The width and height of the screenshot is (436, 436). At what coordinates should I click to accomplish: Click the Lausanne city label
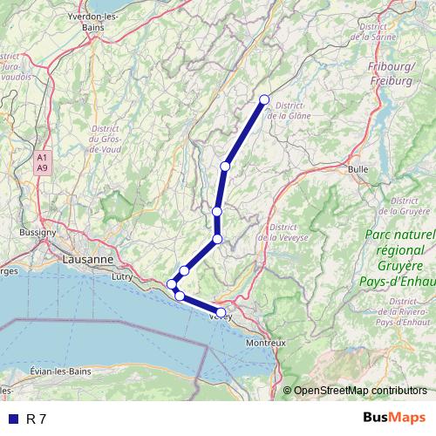[x=87, y=259]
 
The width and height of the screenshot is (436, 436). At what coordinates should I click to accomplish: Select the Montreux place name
[x=266, y=343]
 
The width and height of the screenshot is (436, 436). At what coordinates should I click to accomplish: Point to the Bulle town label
[x=358, y=168]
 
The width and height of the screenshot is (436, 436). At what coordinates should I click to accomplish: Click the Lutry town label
[x=122, y=276]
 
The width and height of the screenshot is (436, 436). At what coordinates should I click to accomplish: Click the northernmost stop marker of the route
[x=264, y=99]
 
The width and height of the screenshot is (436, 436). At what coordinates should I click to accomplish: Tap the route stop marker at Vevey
[x=221, y=312]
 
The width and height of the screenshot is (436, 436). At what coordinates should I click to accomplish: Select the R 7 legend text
[x=37, y=419]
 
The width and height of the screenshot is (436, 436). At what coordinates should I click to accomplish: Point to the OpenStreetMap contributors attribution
[x=360, y=390]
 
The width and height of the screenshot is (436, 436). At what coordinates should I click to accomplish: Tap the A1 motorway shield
[x=42, y=157]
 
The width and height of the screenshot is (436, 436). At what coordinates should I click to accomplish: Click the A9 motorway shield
[x=42, y=167]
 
